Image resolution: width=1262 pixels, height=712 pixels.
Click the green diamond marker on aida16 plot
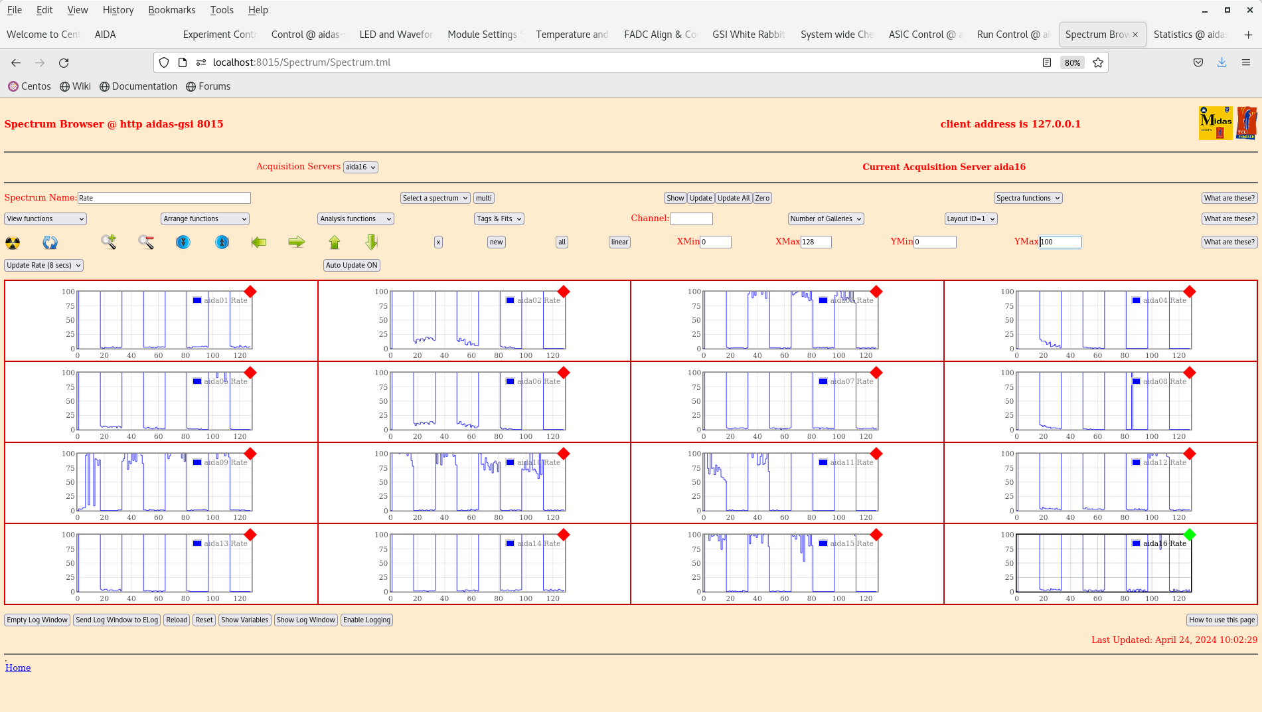click(x=1189, y=535)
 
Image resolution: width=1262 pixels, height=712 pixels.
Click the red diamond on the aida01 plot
click(x=250, y=292)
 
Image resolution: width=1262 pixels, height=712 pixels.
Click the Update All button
click(x=734, y=198)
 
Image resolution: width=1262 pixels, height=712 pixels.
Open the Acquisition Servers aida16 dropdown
click(x=360, y=167)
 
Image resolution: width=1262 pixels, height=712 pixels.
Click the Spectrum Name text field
click(x=164, y=198)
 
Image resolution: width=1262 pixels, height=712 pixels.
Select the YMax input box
click(x=1060, y=242)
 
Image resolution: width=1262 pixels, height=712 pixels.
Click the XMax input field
click(x=816, y=242)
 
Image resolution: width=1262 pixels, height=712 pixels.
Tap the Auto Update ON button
click(x=352, y=265)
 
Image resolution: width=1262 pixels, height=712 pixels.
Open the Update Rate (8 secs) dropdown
click(x=44, y=265)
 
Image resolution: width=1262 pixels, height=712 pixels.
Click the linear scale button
click(x=619, y=242)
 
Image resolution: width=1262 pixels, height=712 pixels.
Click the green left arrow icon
click(x=259, y=242)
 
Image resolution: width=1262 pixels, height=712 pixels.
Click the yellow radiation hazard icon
click(x=13, y=242)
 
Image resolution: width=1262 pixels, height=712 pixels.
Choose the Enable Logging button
click(x=366, y=620)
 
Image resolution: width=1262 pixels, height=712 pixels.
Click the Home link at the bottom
click(x=18, y=667)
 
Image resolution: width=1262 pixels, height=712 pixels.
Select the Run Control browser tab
click(x=1012, y=35)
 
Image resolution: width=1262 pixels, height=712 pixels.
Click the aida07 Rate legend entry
click(x=842, y=381)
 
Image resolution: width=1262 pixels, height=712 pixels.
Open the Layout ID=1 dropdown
click(x=971, y=219)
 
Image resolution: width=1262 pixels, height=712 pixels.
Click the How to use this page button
click(x=1222, y=620)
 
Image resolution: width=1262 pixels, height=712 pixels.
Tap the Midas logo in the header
click(x=1216, y=123)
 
